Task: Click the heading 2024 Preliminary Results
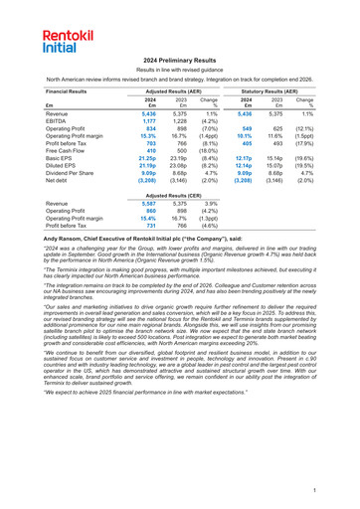click(180, 61)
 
